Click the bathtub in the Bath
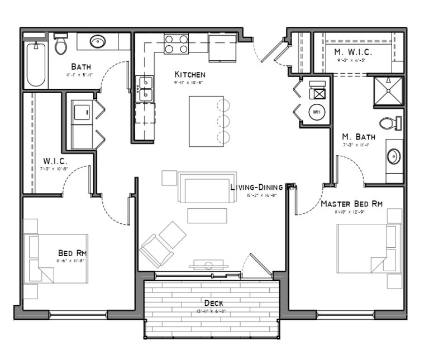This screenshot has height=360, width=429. [x=36, y=64]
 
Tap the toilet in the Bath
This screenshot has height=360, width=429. [x=60, y=45]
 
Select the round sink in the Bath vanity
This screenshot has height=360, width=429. [x=98, y=42]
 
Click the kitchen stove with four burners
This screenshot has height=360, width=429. [x=176, y=44]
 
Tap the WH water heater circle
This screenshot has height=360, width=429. [x=317, y=112]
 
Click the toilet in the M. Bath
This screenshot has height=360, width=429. [x=390, y=123]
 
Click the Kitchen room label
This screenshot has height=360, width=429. [x=190, y=74]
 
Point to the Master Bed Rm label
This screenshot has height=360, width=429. [x=351, y=204]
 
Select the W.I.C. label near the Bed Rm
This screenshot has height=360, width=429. [x=55, y=161]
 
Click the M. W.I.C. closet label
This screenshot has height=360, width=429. [x=353, y=52]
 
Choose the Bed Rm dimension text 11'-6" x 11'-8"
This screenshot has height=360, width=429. [x=70, y=261]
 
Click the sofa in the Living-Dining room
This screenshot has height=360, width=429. [x=203, y=187]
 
